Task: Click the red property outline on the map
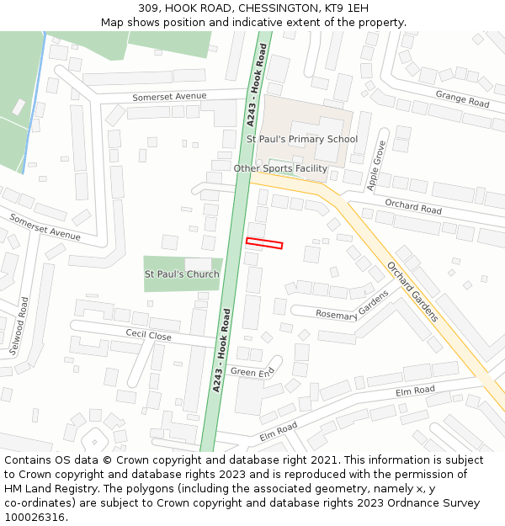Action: coord(264,243)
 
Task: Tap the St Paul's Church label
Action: coord(182,274)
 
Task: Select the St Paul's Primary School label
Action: coord(301,139)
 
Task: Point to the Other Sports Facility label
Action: coord(280,168)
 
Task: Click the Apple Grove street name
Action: coord(377,166)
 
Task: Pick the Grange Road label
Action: coord(462,100)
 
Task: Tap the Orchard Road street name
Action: coord(413,207)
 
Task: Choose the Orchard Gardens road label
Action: coord(412,291)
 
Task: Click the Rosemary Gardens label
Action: coord(353,305)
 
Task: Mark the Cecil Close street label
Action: coord(148,335)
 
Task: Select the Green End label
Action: coord(252,372)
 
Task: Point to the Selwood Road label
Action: coord(19,324)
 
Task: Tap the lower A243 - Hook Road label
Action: coord(221,350)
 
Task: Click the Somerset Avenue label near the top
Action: coord(169,97)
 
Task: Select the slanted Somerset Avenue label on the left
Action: coord(45,227)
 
